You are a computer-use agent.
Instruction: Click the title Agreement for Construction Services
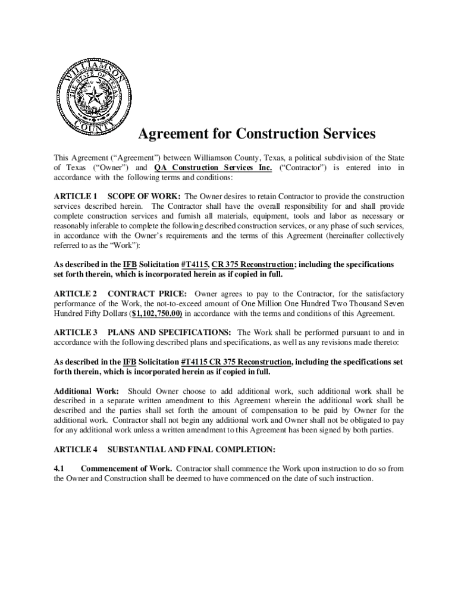(257, 134)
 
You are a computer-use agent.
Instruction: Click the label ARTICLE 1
(76, 196)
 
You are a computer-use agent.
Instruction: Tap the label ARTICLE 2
(76, 294)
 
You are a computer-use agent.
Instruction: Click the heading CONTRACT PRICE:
(148, 294)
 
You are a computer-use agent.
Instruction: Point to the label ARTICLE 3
(76, 332)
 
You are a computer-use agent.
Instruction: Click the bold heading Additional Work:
(86, 391)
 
